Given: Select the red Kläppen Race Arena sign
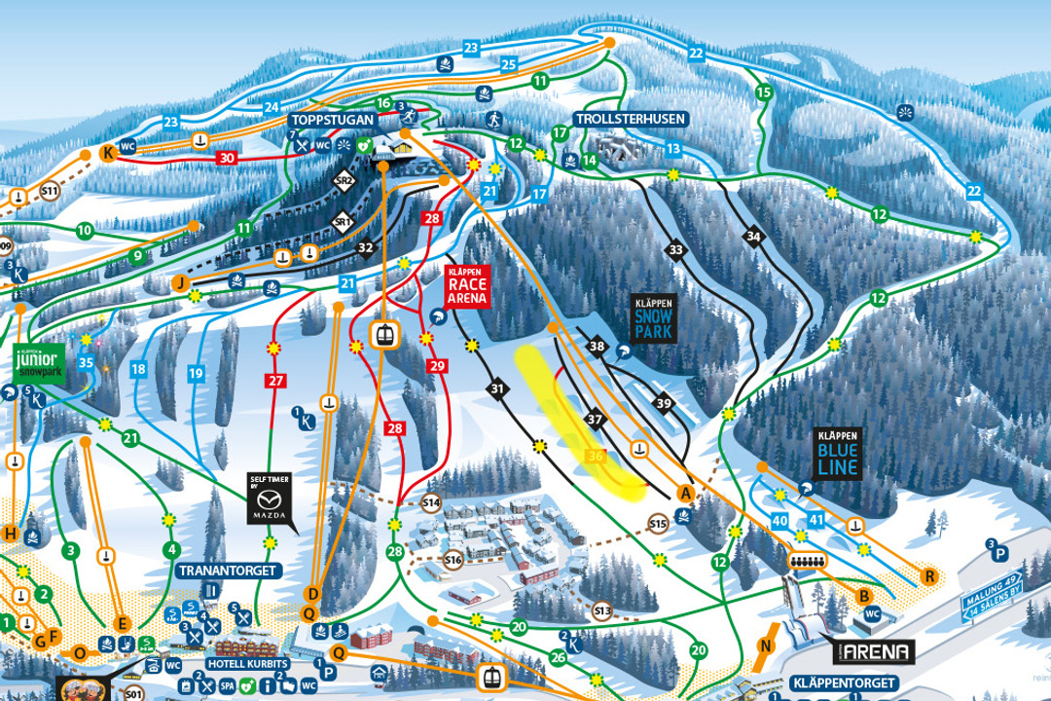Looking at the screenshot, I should (x=465, y=285).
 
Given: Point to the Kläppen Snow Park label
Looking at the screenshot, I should (x=653, y=317).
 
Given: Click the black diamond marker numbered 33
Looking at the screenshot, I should (x=676, y=250).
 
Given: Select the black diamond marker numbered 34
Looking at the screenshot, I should (x=752, y=236).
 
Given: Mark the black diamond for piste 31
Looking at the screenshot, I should (x=498, y=389).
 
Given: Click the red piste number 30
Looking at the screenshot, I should (x=227, y=158).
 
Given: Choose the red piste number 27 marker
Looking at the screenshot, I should (x=273, y=380).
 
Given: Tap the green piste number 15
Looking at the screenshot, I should (x=764, y=92).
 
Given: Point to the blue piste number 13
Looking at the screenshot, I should (x=672, y=148).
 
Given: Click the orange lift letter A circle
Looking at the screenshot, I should (x=685, y=494).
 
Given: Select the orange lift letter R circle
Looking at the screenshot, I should (x=930, y=576).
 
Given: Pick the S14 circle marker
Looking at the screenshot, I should (x=432, y=502).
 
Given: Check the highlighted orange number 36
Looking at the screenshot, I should (x=598, y=455).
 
